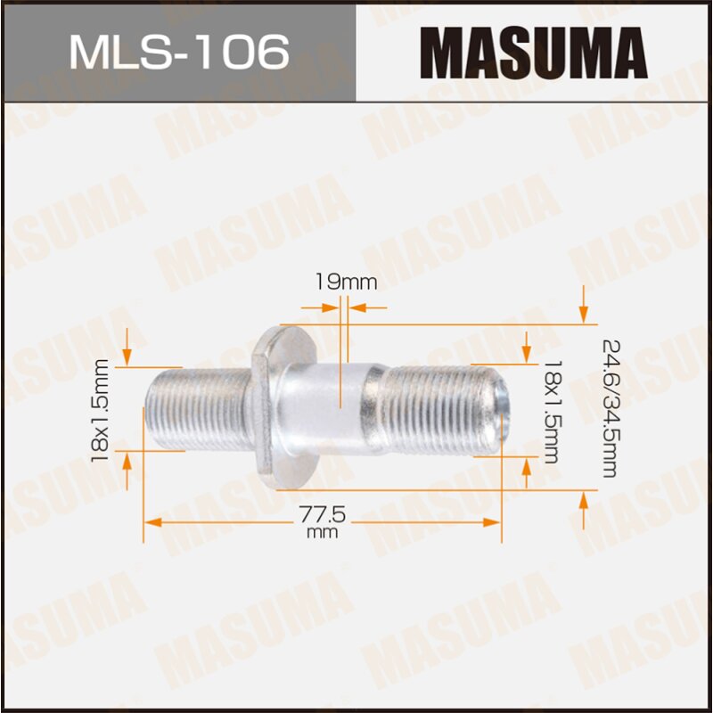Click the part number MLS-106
[x=178, y=53]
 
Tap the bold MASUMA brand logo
[x=533, y=52]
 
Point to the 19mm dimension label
[x=345, y=283]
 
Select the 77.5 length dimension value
[x=322, y=516]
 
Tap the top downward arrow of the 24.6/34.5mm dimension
[x=583, y=312]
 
